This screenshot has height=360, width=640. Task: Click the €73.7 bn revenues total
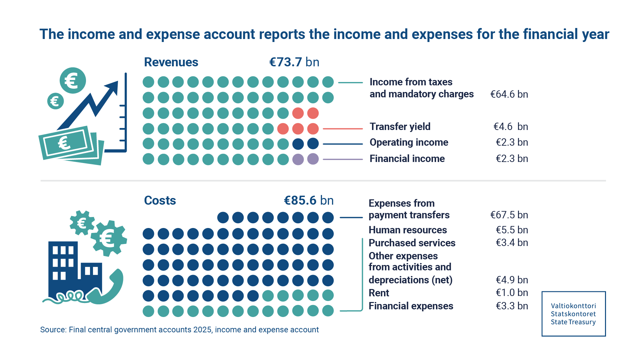click(294, 62)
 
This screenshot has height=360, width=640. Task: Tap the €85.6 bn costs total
click(308, 200)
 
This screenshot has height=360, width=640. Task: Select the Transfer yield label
click(400, 127)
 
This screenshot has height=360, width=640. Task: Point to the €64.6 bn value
click(509, 94)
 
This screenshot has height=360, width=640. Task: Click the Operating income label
click(409, 142)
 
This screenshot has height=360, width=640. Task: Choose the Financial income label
click(407, 159)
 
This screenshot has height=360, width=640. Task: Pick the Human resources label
click(407, 230)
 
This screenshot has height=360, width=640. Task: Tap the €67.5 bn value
click(509, 215)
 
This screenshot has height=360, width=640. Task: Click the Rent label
click(379, 293)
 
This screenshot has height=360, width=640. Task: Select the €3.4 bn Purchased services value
click(512, 243)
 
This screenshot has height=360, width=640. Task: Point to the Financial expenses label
click(411, 306)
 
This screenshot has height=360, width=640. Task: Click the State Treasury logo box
click(573, 314)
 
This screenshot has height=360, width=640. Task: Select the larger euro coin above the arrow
click(73, 81)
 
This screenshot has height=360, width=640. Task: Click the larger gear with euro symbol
click(108, 238)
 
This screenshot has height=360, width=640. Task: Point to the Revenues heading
click(171, 62)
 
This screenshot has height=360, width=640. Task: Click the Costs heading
click(160, 201)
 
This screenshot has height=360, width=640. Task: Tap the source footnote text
click(179, 330)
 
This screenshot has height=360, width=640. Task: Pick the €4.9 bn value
click(512, 280)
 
